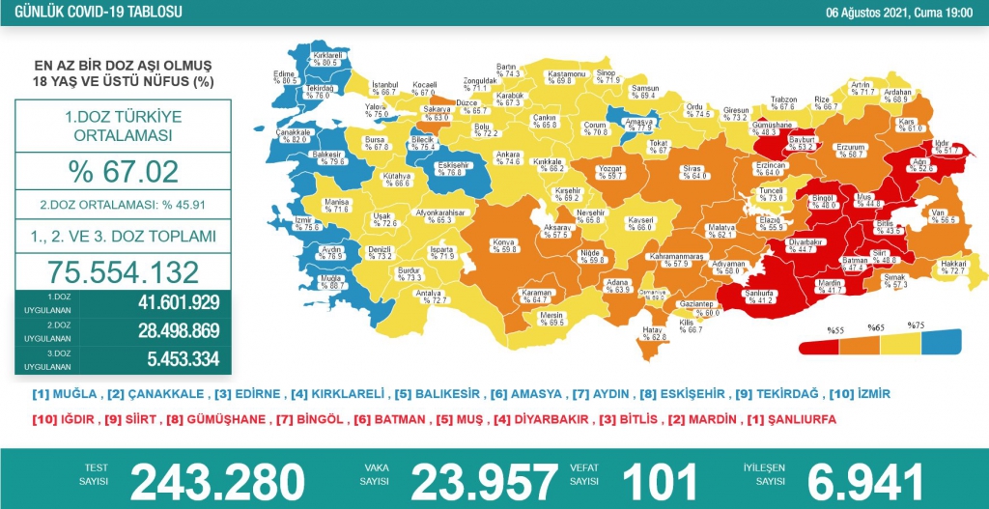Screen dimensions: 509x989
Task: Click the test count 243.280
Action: click(217, 480)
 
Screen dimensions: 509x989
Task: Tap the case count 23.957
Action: click(484, 480)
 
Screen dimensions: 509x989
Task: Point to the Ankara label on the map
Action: click(507, 157)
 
